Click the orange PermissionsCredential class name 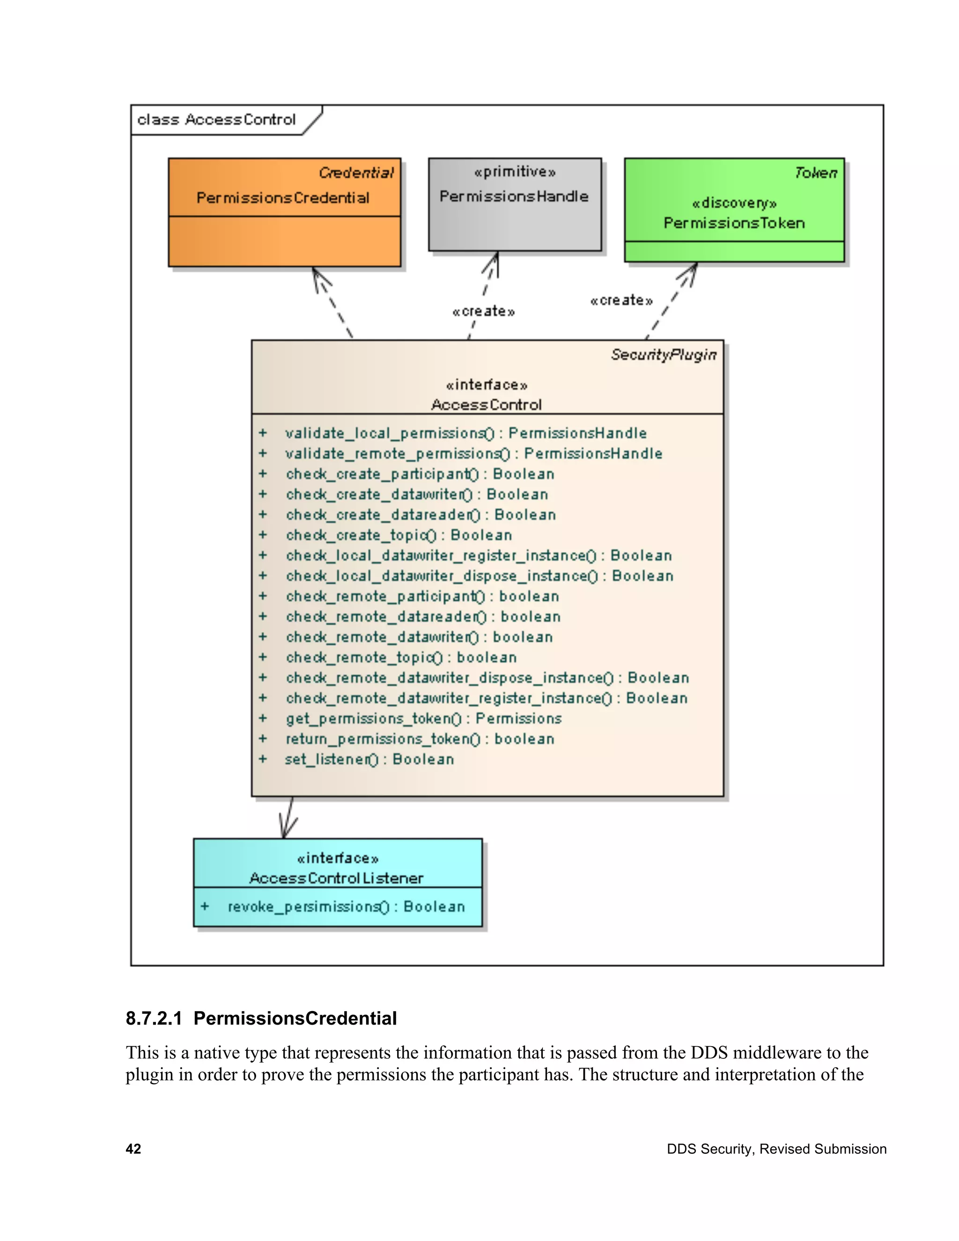click(283, 198)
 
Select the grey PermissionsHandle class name click(514, 197)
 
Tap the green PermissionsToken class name click(734, 223)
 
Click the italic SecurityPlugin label click(663, 355)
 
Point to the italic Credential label click(356, 173)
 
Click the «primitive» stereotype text click(515, 171)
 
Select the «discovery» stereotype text click(734, 203)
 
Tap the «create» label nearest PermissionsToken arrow click(621, 300)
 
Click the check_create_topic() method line click(398, 535)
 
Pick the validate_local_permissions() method click(465, 434)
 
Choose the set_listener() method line click(369, 760)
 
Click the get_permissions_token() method click(423, 719)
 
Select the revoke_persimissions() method click(346, 907)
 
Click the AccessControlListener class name click(336, 879)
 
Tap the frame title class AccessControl click(216, 120)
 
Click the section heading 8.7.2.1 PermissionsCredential click(261, 1018)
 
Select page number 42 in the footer click(133, 1149)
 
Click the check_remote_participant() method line click(422, 597)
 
